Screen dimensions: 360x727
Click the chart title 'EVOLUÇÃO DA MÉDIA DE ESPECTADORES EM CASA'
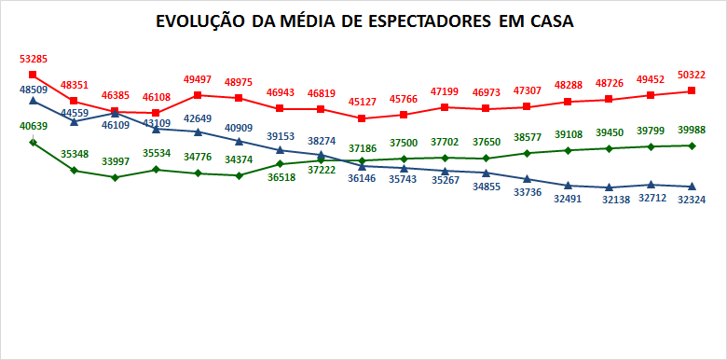[364, 21]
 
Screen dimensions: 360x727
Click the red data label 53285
[34, 60]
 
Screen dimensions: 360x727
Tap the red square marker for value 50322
[692, 90]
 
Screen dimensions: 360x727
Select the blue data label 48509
[34, 90]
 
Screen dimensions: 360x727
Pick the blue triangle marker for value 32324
[692, 187]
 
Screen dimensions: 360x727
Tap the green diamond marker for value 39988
[692, 145]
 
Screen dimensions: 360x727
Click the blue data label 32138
[610, 201]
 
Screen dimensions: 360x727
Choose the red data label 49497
[198, 80]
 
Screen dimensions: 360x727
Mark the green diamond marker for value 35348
[75, 170]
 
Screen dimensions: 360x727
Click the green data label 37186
[363, 148]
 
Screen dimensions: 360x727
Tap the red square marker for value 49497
[198, 95]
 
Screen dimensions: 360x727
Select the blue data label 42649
[198, 118]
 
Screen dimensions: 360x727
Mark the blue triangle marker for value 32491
[569, 186]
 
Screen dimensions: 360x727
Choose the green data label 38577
[528, 137]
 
